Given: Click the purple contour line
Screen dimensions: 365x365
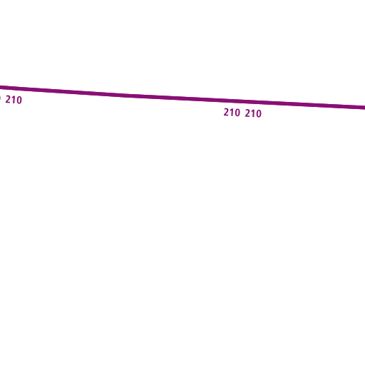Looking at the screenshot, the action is click(182, 98).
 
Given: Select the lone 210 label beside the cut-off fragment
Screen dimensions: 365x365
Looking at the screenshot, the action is click(14, 100).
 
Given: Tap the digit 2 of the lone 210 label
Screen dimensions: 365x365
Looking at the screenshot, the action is click(8, 99).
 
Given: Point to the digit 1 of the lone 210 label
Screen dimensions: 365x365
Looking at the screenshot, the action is click(14, 100).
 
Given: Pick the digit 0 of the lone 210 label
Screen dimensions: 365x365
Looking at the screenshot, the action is click(19, 101).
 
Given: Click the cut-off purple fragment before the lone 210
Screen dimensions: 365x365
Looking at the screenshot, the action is click(0, 98).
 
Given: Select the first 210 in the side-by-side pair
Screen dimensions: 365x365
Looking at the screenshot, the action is click(232, 113).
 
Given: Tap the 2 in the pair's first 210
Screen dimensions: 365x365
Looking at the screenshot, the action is click(226, 112).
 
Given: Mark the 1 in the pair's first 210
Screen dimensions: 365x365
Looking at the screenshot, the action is click(232, 113).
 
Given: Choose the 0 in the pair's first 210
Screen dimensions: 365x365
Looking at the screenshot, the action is click(237, 113).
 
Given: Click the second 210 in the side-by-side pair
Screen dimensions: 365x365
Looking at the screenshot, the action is click(253, 113).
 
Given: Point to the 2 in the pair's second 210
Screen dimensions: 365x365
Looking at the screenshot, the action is click(247, 113).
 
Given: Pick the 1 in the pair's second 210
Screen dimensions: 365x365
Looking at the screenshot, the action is click(253, 113).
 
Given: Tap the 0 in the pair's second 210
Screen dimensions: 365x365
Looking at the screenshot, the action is click(259, 114).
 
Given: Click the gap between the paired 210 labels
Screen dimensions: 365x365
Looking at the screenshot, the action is click(242, 113).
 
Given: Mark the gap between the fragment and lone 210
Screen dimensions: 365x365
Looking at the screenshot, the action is click(4, 99).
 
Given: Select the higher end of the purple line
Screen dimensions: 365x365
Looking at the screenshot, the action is click(0, 87).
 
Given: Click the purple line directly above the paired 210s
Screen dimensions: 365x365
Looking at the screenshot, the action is click(242, 101).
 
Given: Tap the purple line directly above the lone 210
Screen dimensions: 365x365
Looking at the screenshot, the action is click(14, 88).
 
